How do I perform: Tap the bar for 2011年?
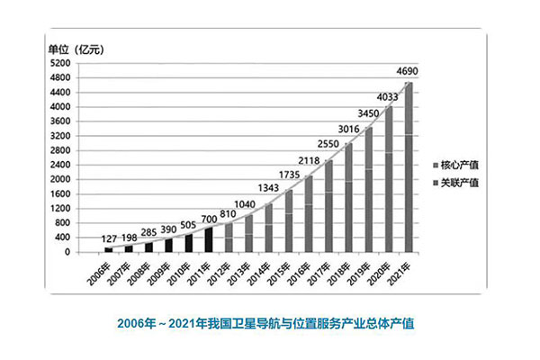pos(209,239)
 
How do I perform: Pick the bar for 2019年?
pos(369,190)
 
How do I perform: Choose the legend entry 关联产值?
pos(456,183)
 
